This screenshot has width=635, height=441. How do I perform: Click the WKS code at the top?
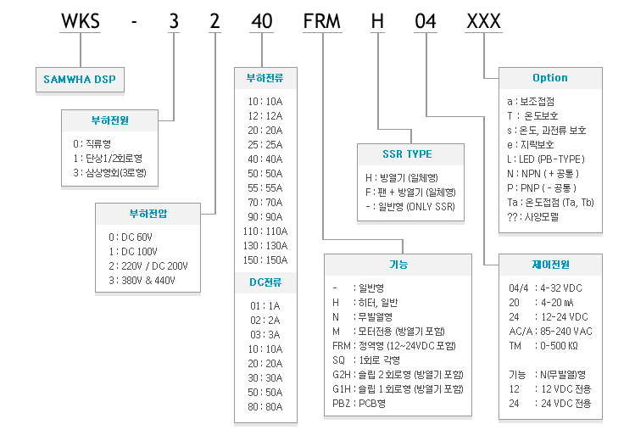81,21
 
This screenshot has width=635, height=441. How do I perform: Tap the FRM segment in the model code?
322,21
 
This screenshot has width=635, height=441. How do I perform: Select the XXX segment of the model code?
483,21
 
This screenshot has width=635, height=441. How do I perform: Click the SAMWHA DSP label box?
80,80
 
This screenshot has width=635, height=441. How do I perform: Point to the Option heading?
550,78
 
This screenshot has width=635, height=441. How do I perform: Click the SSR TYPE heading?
408,154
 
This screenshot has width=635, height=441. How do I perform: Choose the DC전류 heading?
265,282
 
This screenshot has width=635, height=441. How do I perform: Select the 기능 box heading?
398,265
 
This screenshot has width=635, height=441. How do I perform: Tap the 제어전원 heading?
550,265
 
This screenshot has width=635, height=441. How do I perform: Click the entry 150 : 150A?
265,260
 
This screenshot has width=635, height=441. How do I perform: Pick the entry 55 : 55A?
265,188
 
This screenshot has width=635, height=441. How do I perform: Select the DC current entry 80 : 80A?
265,406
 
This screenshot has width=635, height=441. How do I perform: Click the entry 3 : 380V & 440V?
142,280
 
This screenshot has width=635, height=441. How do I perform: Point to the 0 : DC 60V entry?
131,237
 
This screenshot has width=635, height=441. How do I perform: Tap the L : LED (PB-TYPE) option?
546,159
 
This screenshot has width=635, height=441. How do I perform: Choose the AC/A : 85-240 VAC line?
550,332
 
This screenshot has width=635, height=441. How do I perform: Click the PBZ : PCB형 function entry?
359,404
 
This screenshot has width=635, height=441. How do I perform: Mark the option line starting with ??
532,217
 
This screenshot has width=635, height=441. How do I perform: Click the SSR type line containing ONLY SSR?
410,207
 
